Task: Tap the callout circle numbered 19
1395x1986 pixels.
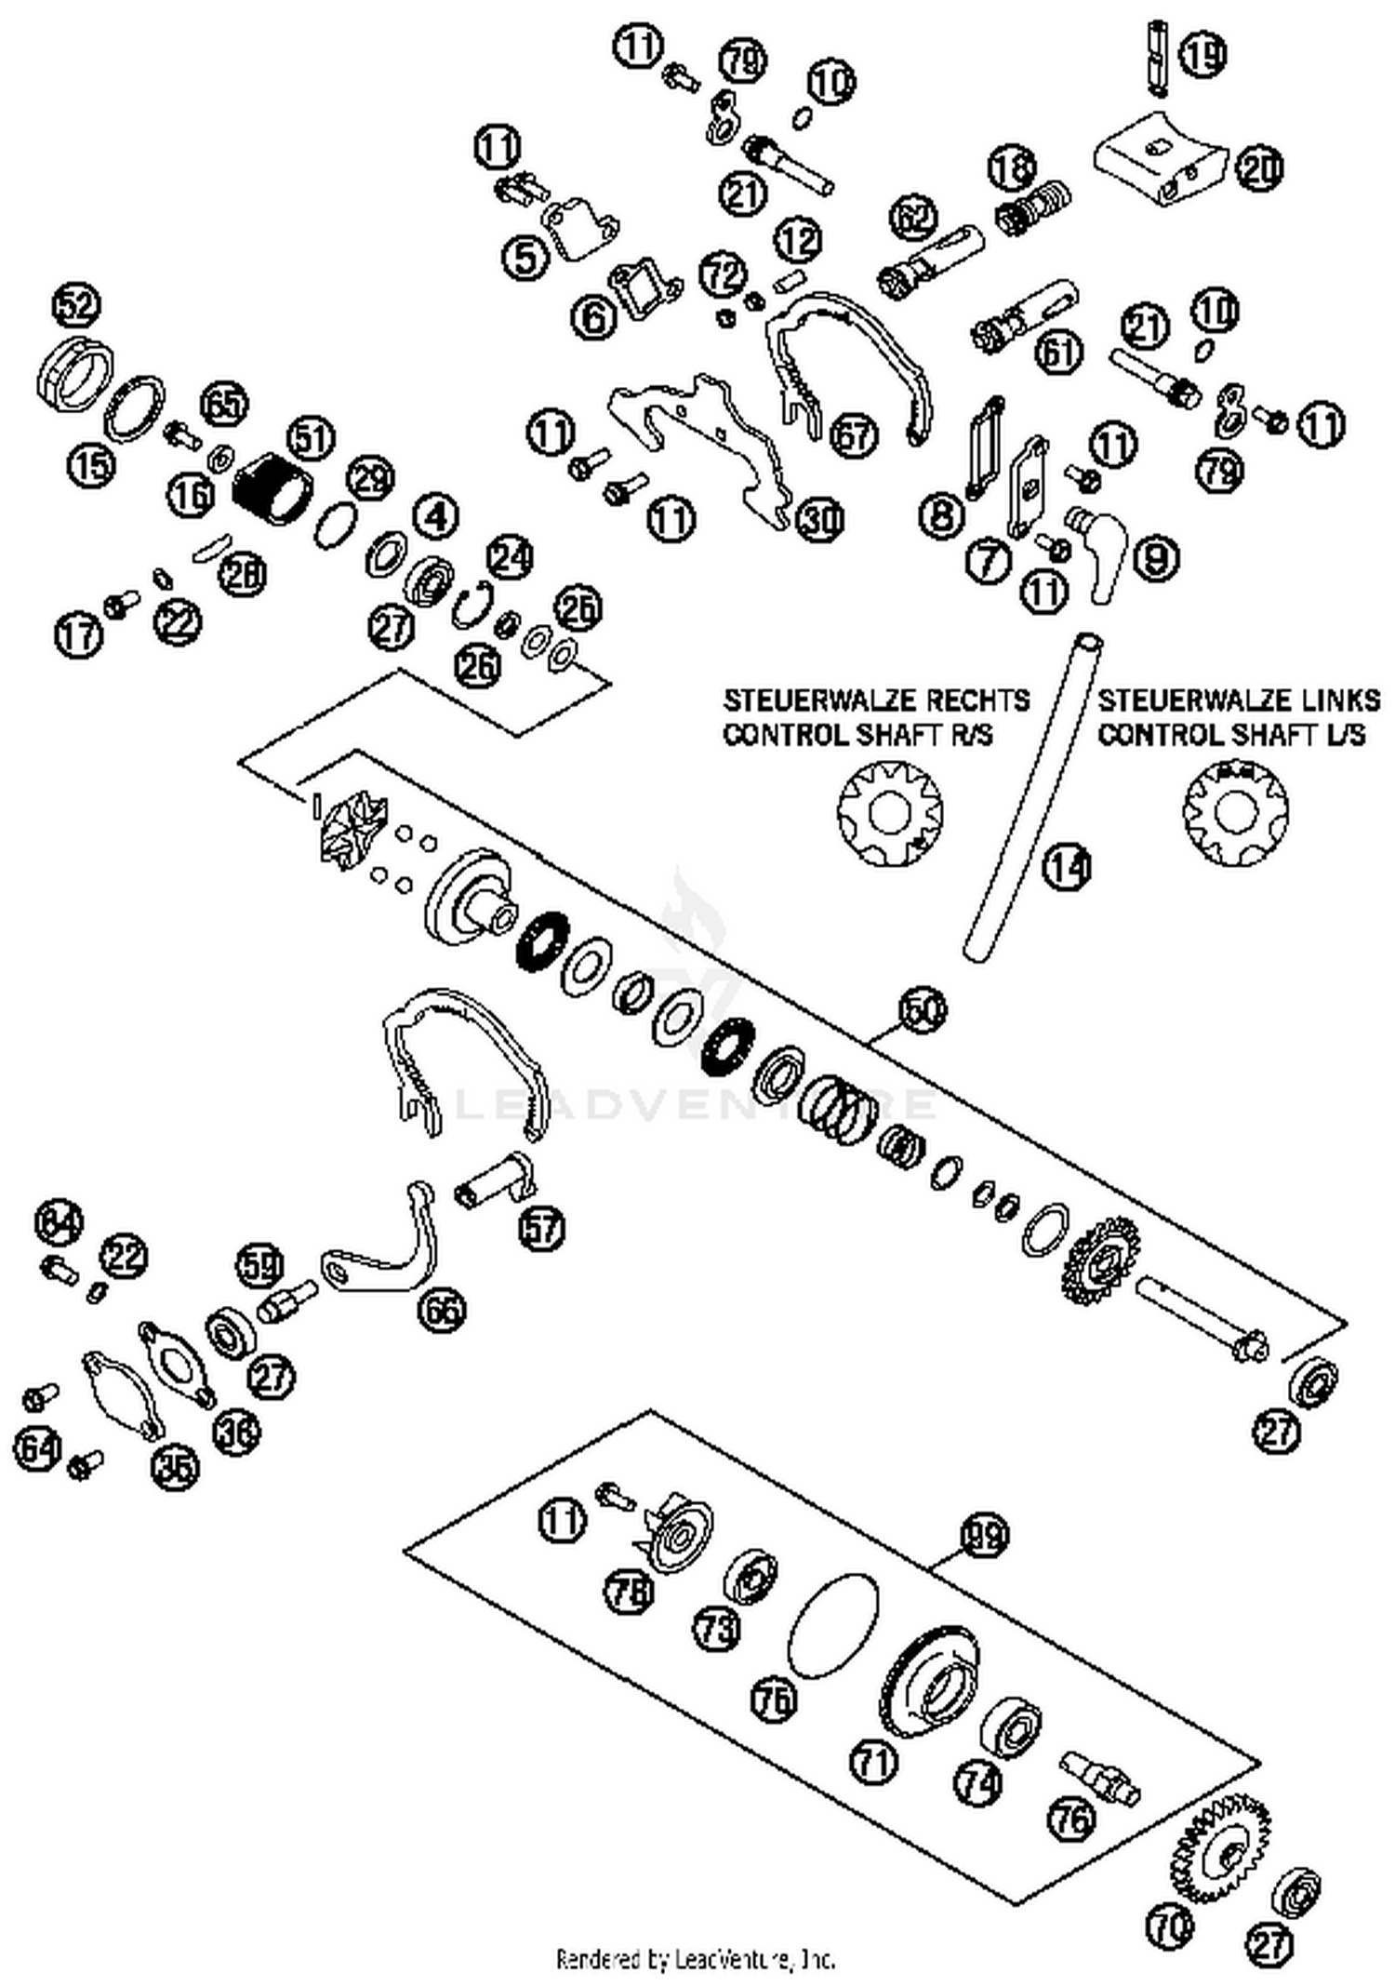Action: pyautogui.click(x=1202, y=55)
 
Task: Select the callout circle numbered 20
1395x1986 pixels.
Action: pyautogui.click(x=1259, y=169)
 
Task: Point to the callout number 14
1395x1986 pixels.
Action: pyautogui.click(x=1067, y=867)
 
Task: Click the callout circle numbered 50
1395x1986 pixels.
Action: pyautogui.click(x=923, y=1011)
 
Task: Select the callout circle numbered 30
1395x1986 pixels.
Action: pyautogui.click(x=819, y=519)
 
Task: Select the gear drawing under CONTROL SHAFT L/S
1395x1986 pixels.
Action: pyautogui.click(x=1236, y=812)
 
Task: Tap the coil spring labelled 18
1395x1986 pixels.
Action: pyautogui.click(x=1034, y=207)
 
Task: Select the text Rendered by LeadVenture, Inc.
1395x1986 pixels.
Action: pyautogui.click(x=696, y=1959)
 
